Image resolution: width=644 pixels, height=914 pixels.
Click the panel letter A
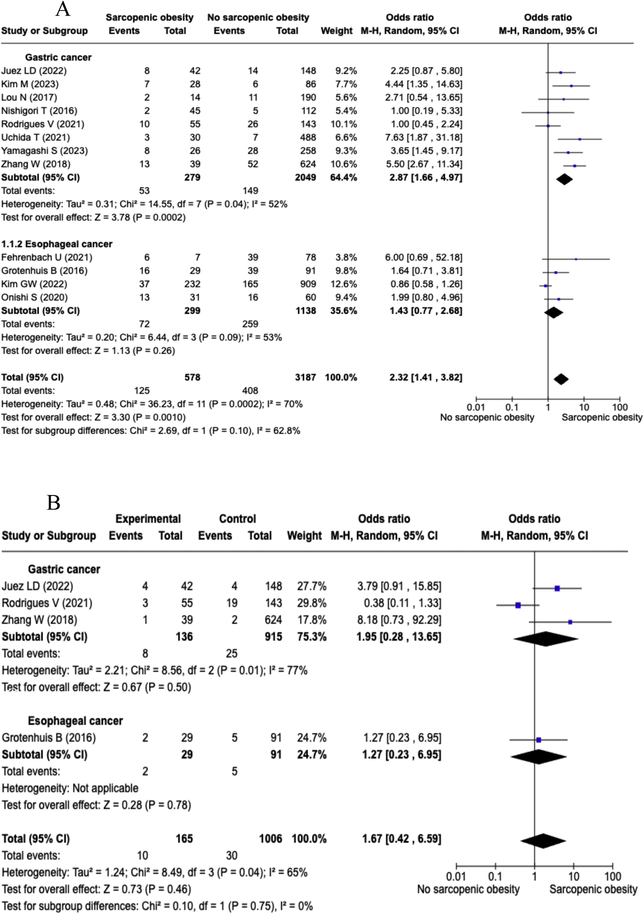63,10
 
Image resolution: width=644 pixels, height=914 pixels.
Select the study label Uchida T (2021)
35,137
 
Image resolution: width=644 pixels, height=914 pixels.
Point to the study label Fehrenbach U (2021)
47,257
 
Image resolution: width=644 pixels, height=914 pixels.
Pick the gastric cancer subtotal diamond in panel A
564,180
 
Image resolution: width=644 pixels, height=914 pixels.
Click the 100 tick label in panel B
612,876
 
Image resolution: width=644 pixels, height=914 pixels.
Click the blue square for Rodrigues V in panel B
518,605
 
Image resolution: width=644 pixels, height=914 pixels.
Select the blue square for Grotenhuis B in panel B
539,740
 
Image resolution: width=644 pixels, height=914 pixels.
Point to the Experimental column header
148,519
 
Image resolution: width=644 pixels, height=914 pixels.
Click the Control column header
238,519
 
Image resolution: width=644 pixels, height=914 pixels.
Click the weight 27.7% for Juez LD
311,586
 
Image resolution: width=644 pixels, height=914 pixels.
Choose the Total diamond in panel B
543,841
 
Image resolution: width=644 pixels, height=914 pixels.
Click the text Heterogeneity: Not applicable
70,788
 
